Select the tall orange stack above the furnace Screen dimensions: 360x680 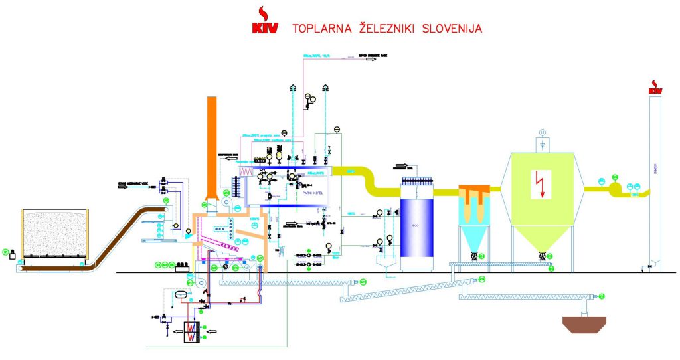tap(212, 146)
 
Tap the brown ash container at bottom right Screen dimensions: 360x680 tap(584, 324)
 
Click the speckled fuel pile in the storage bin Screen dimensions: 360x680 tap(56, 232)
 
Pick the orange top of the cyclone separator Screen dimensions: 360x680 tap(475, 192)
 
